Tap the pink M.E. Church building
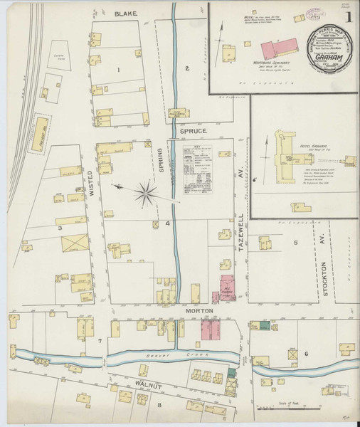point(227,288)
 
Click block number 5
point(295,243)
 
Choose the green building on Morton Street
point(265,325)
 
